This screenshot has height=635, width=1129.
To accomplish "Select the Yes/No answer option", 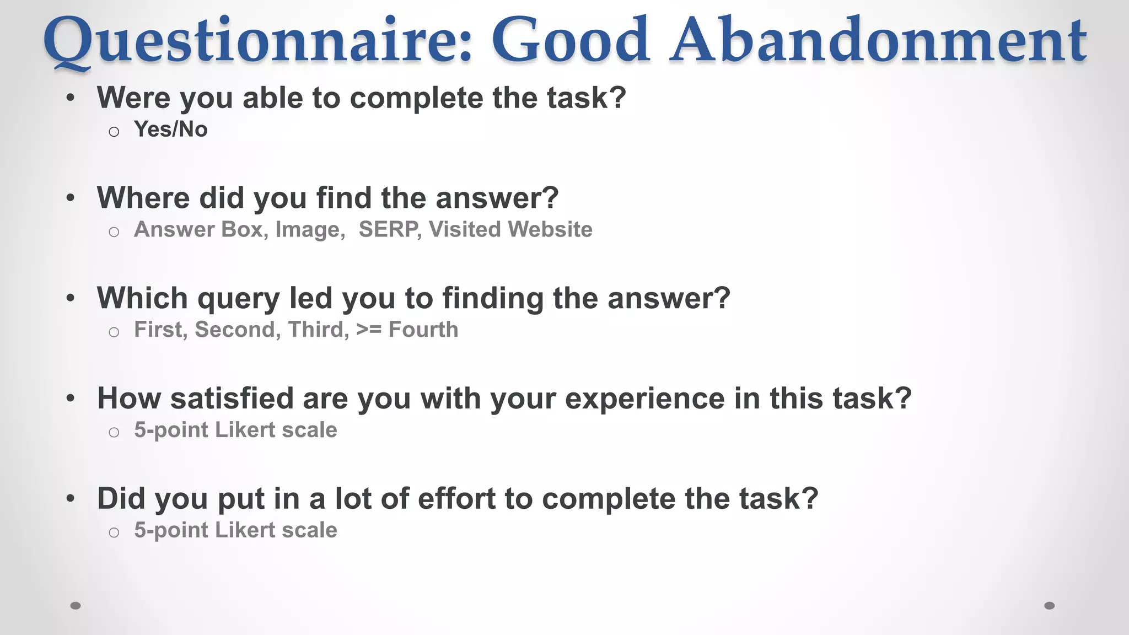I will tap(171, 130).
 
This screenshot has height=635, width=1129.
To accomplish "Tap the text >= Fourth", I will tap(407, 330).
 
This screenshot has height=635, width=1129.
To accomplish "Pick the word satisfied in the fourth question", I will tap(232, 398).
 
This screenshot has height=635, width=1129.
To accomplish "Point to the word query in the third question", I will tap(238, 299).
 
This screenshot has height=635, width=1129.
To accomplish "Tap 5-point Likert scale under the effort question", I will tap(235, 530).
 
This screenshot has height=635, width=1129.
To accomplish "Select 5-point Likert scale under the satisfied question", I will tap(235, 430).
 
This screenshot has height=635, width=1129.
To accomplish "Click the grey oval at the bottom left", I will tap(76, 606).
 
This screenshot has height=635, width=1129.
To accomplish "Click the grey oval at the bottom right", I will tap(1050, 606).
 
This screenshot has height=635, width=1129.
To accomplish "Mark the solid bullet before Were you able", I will tap(70, 99).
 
